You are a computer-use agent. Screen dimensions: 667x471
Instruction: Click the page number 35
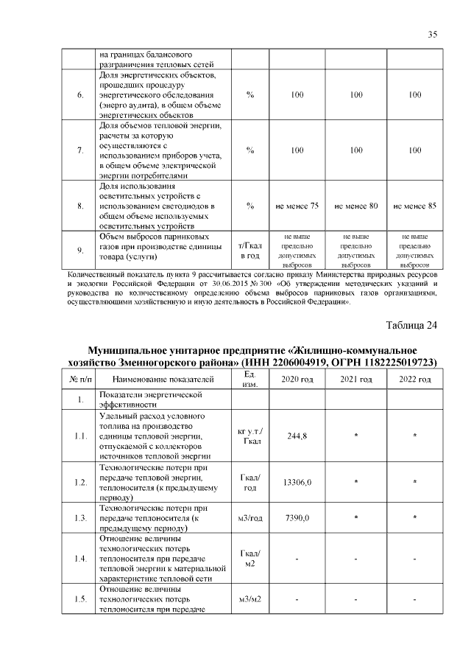click(x=432, y=34)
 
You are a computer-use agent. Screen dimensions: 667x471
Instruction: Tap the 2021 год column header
click(x=355, y=380)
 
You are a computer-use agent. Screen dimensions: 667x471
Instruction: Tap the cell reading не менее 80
click(x=355, y=206)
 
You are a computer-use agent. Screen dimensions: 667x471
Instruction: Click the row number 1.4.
click(x=80, y=559)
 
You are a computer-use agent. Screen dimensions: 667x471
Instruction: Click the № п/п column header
click(x=80, y=380)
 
